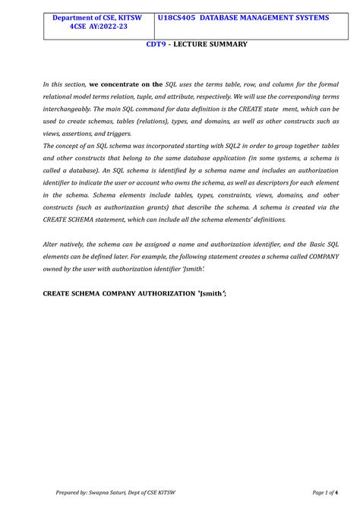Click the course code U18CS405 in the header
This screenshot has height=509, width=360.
pyautogui.click(x=175, y=17)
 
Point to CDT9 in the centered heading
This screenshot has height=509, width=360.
pyautogui.click(x=157, y=45)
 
